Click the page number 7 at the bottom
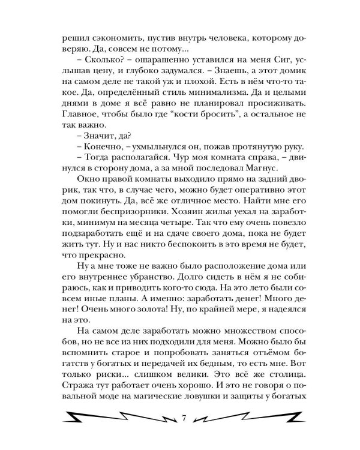[181, 418]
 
